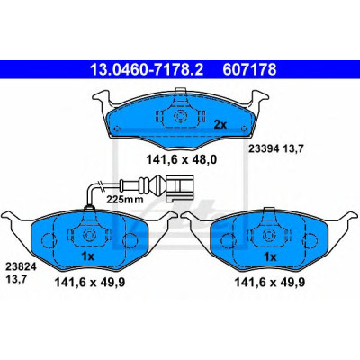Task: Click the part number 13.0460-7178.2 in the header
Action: click(147, 69)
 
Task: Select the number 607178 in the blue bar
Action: click(249, 69)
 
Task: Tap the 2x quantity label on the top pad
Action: click(220, 124)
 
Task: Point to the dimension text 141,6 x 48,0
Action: click(182, 160)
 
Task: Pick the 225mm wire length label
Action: click(125, 199)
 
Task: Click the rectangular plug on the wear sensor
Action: click(179, 188)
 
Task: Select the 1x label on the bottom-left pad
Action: click(88, 256)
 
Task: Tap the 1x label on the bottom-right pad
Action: click(269, 257)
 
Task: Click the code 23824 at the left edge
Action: click(21, 267)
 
